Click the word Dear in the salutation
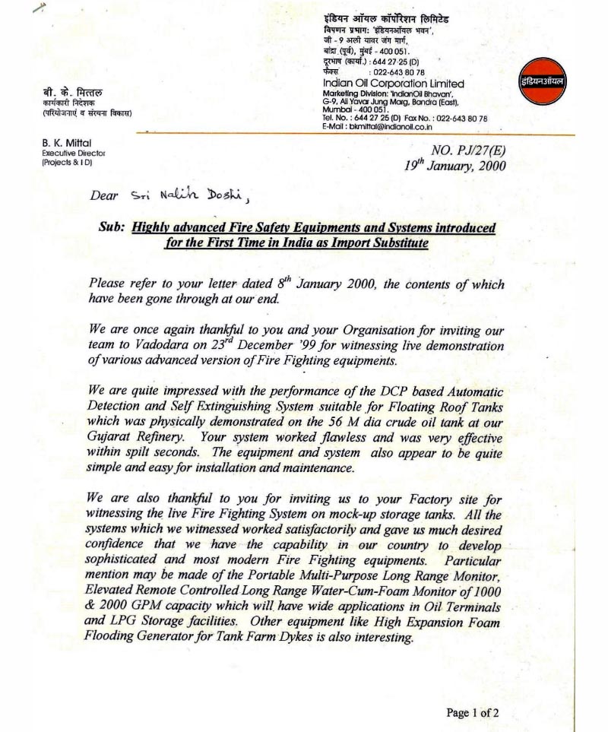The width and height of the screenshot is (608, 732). (104, 196)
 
